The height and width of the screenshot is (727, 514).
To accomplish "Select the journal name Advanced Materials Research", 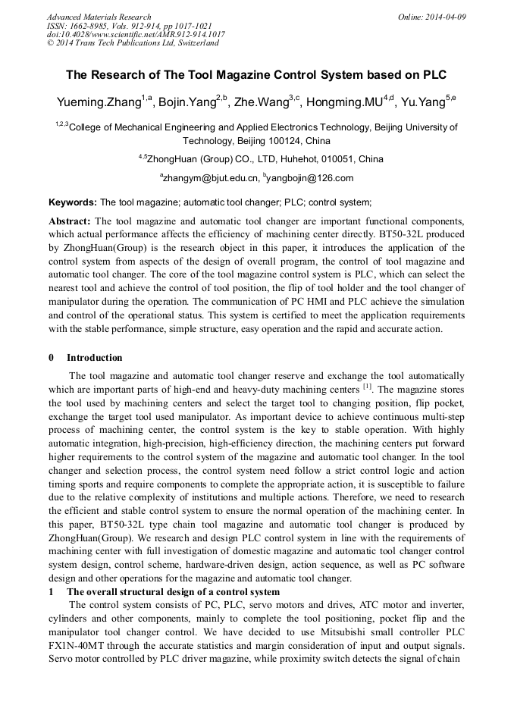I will [99, 17].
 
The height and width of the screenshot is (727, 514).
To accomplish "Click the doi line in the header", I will [136, 34].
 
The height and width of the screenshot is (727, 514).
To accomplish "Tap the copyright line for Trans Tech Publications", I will [133, 43].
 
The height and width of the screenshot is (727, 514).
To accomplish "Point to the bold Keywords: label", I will [73, 202].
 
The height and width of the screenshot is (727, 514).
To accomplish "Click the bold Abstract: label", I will [70, 221].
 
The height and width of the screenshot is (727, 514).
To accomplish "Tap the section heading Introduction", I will [94, 358].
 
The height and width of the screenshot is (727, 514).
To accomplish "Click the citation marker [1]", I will [367, 387].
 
